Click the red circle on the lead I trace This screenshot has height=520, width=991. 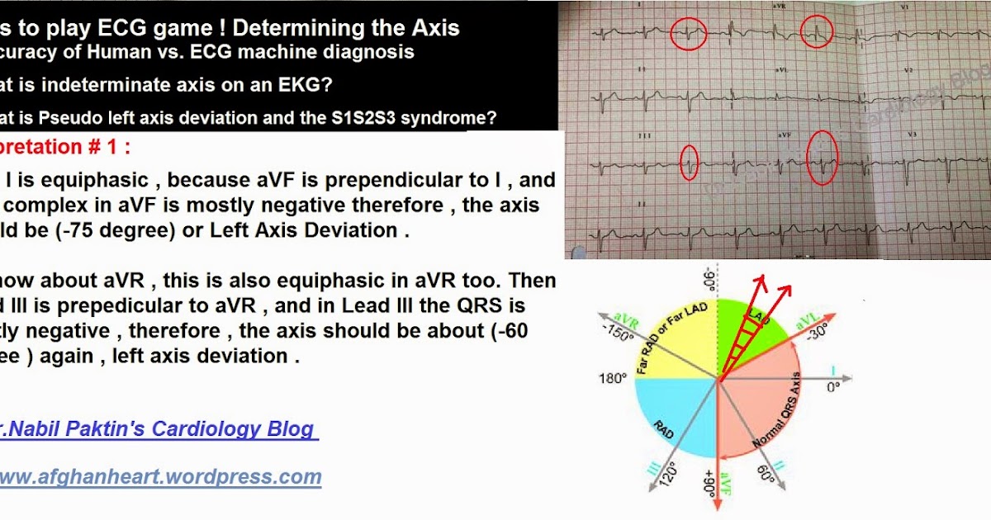click(x=687, y=35)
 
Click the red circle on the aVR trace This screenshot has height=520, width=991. click(x=818, y=32)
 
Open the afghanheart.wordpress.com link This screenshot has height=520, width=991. click(x=160, y=476)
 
